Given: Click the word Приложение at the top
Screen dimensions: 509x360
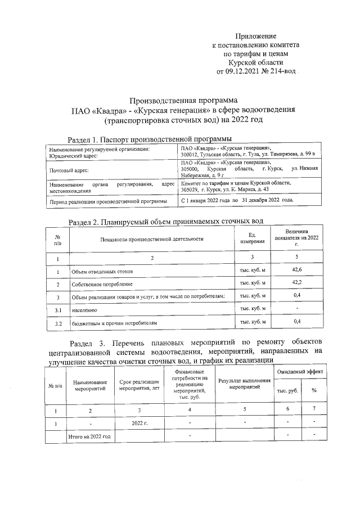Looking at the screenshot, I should point(256,35).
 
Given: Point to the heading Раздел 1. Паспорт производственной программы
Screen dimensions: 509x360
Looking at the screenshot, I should point(150,139).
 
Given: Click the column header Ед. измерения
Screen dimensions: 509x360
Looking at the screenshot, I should point(253,238).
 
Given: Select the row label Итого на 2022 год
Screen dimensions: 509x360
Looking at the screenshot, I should point(89,436).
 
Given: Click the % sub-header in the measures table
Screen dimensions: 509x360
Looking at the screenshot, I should point(314,390).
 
